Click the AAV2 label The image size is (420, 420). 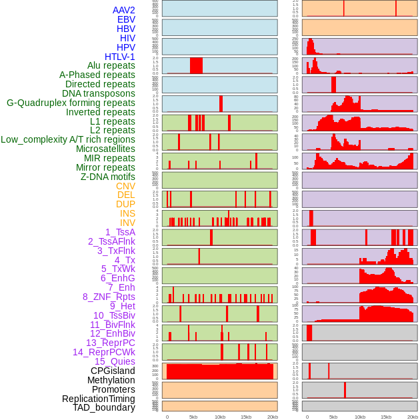pyautogui.click(x=124, y=10)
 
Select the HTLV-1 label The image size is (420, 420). pyautogui.click(x=120, y=57)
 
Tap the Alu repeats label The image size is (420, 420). pyautogui.click(x=111, y=65)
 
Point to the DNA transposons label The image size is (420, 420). pyautogui.click(x=99, y=93)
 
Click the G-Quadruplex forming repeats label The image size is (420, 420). pyautogui.click(x=71, y=103)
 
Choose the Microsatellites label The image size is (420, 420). pyautogui.click(x=105, y=149)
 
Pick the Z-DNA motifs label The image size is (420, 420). pyautogui.click(x=108, y=177)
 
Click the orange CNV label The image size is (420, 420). pyautogui.click(x=125, y=186)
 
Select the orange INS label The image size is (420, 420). pyautogui.click(x=127, y=213)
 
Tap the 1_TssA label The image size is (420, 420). pyautogui.click(x=120, y=232)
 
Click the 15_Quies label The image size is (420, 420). pyautogui.click(x=115, y=361)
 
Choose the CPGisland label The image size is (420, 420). pyautogui.click(x=113, y=371)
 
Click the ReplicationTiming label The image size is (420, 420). pyautogui.click(x=99, y=399)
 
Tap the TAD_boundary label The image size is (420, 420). pyautogui.click(x=104, y=407)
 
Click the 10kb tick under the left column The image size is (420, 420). pyautogui.click(x=220, y=417)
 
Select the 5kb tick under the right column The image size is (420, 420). pyautogui.click(x=333, y=417)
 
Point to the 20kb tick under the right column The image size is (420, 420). pyautogui.click(x=413, y=417)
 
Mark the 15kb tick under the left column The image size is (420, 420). pyautogui.click(x=246, y=417)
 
